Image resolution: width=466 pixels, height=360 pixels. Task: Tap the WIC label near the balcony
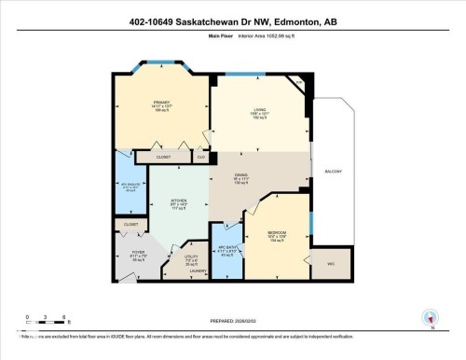tap(327, 264)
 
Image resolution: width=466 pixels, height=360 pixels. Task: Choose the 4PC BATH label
tap(226, 247)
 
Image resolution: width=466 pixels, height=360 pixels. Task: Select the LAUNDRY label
tap(199, 272)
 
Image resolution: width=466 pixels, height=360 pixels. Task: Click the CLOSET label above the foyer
tap(130, 224)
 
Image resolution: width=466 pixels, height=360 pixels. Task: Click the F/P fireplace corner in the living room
tap(298, 84)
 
